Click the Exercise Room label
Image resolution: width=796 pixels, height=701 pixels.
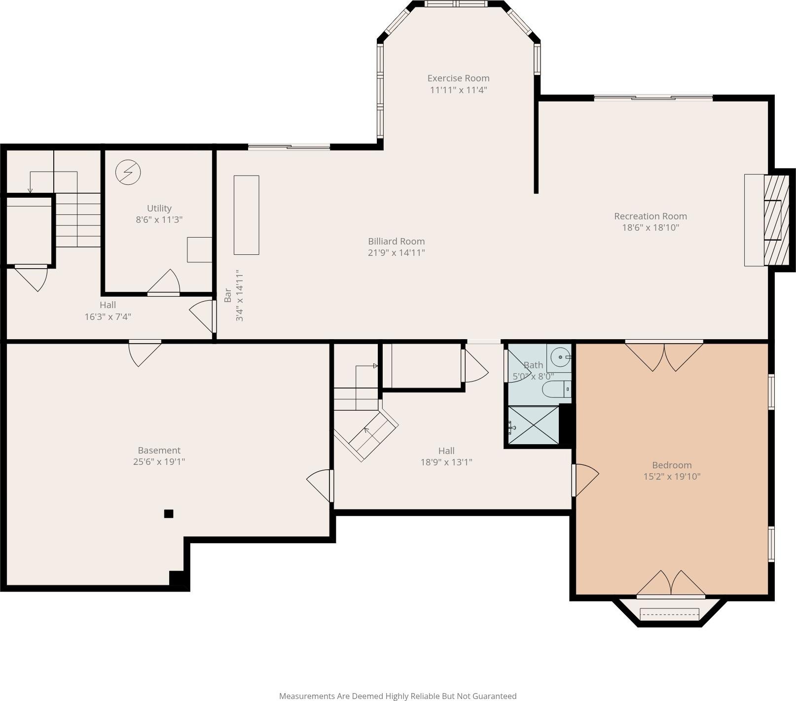coord(458,78)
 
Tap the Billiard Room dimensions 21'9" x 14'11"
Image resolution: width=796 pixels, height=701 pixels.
coord(397,253)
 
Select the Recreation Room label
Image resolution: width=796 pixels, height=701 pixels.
coord(651,216)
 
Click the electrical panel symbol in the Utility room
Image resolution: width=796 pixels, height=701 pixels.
coord(128,172)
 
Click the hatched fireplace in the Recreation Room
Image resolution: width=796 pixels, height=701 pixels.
coord(773,220)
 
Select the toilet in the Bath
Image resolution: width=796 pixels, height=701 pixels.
coord(557,389)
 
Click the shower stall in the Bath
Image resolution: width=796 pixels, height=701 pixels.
coord(534,425)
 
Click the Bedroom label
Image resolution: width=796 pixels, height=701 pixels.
coord(672,465)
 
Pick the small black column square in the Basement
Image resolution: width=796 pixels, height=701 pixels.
coord(169,514)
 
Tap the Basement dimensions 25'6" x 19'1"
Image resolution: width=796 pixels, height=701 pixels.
coord(159,462)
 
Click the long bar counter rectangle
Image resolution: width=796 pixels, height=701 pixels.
coord(247,215)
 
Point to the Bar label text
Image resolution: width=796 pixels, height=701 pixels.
coord(227,295)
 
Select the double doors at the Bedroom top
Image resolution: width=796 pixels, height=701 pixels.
coord(664,355)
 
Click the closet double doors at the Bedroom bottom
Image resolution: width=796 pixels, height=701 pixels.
coord(671,584)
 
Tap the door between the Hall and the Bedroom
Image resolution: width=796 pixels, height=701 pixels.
coord(586,480)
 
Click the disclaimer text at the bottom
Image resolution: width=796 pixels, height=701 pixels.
coord(398,696)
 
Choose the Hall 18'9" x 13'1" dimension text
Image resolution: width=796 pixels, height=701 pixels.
coord(446,462)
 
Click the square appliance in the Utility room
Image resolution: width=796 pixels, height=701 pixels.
coord(200,249)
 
